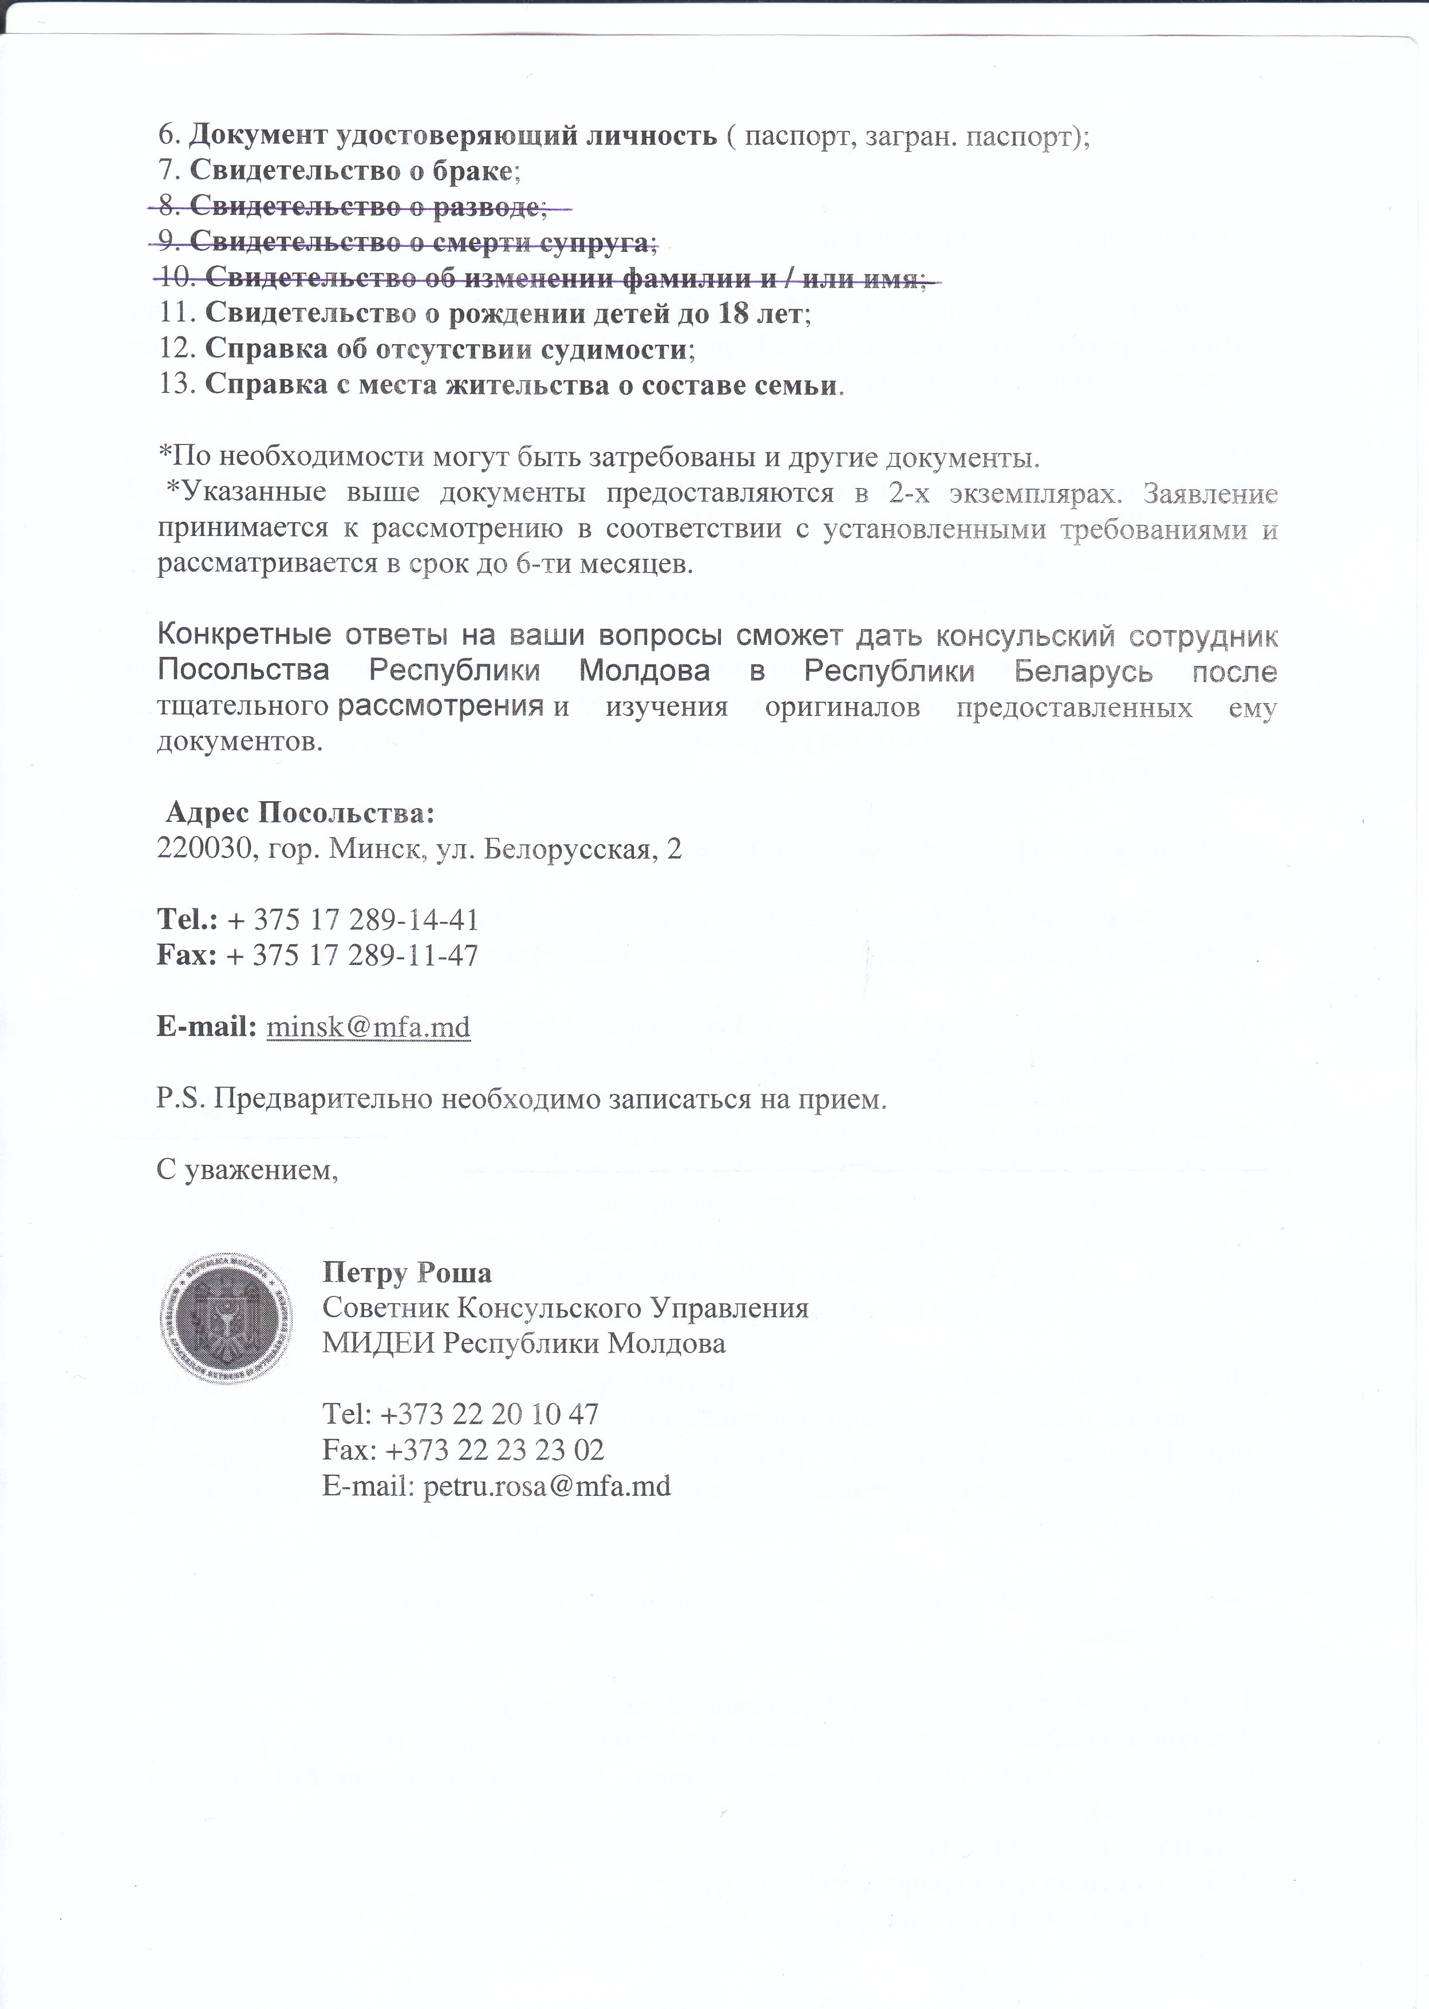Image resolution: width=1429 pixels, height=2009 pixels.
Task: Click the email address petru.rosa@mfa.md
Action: click(x=546, y=1486)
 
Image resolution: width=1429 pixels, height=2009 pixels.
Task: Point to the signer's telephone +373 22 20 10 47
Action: click(x=490, y=1414)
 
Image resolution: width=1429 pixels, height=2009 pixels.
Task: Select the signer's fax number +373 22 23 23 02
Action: click(x=494, y=1450)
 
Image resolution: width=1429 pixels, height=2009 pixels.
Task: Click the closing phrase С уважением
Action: click(x=246, y=1171)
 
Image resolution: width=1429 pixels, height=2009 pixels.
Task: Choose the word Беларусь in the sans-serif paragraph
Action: click(x=1083, y=671)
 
